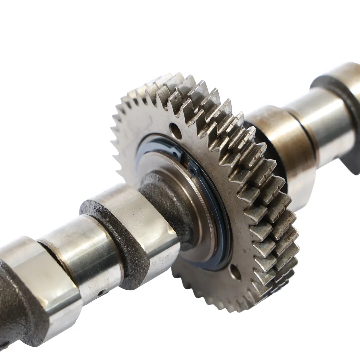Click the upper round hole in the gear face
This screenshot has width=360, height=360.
click(x=175, y=131)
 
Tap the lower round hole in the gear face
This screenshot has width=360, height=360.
click(x=235, y=272)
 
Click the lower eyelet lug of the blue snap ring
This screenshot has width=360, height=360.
click(x=193, y=170)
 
